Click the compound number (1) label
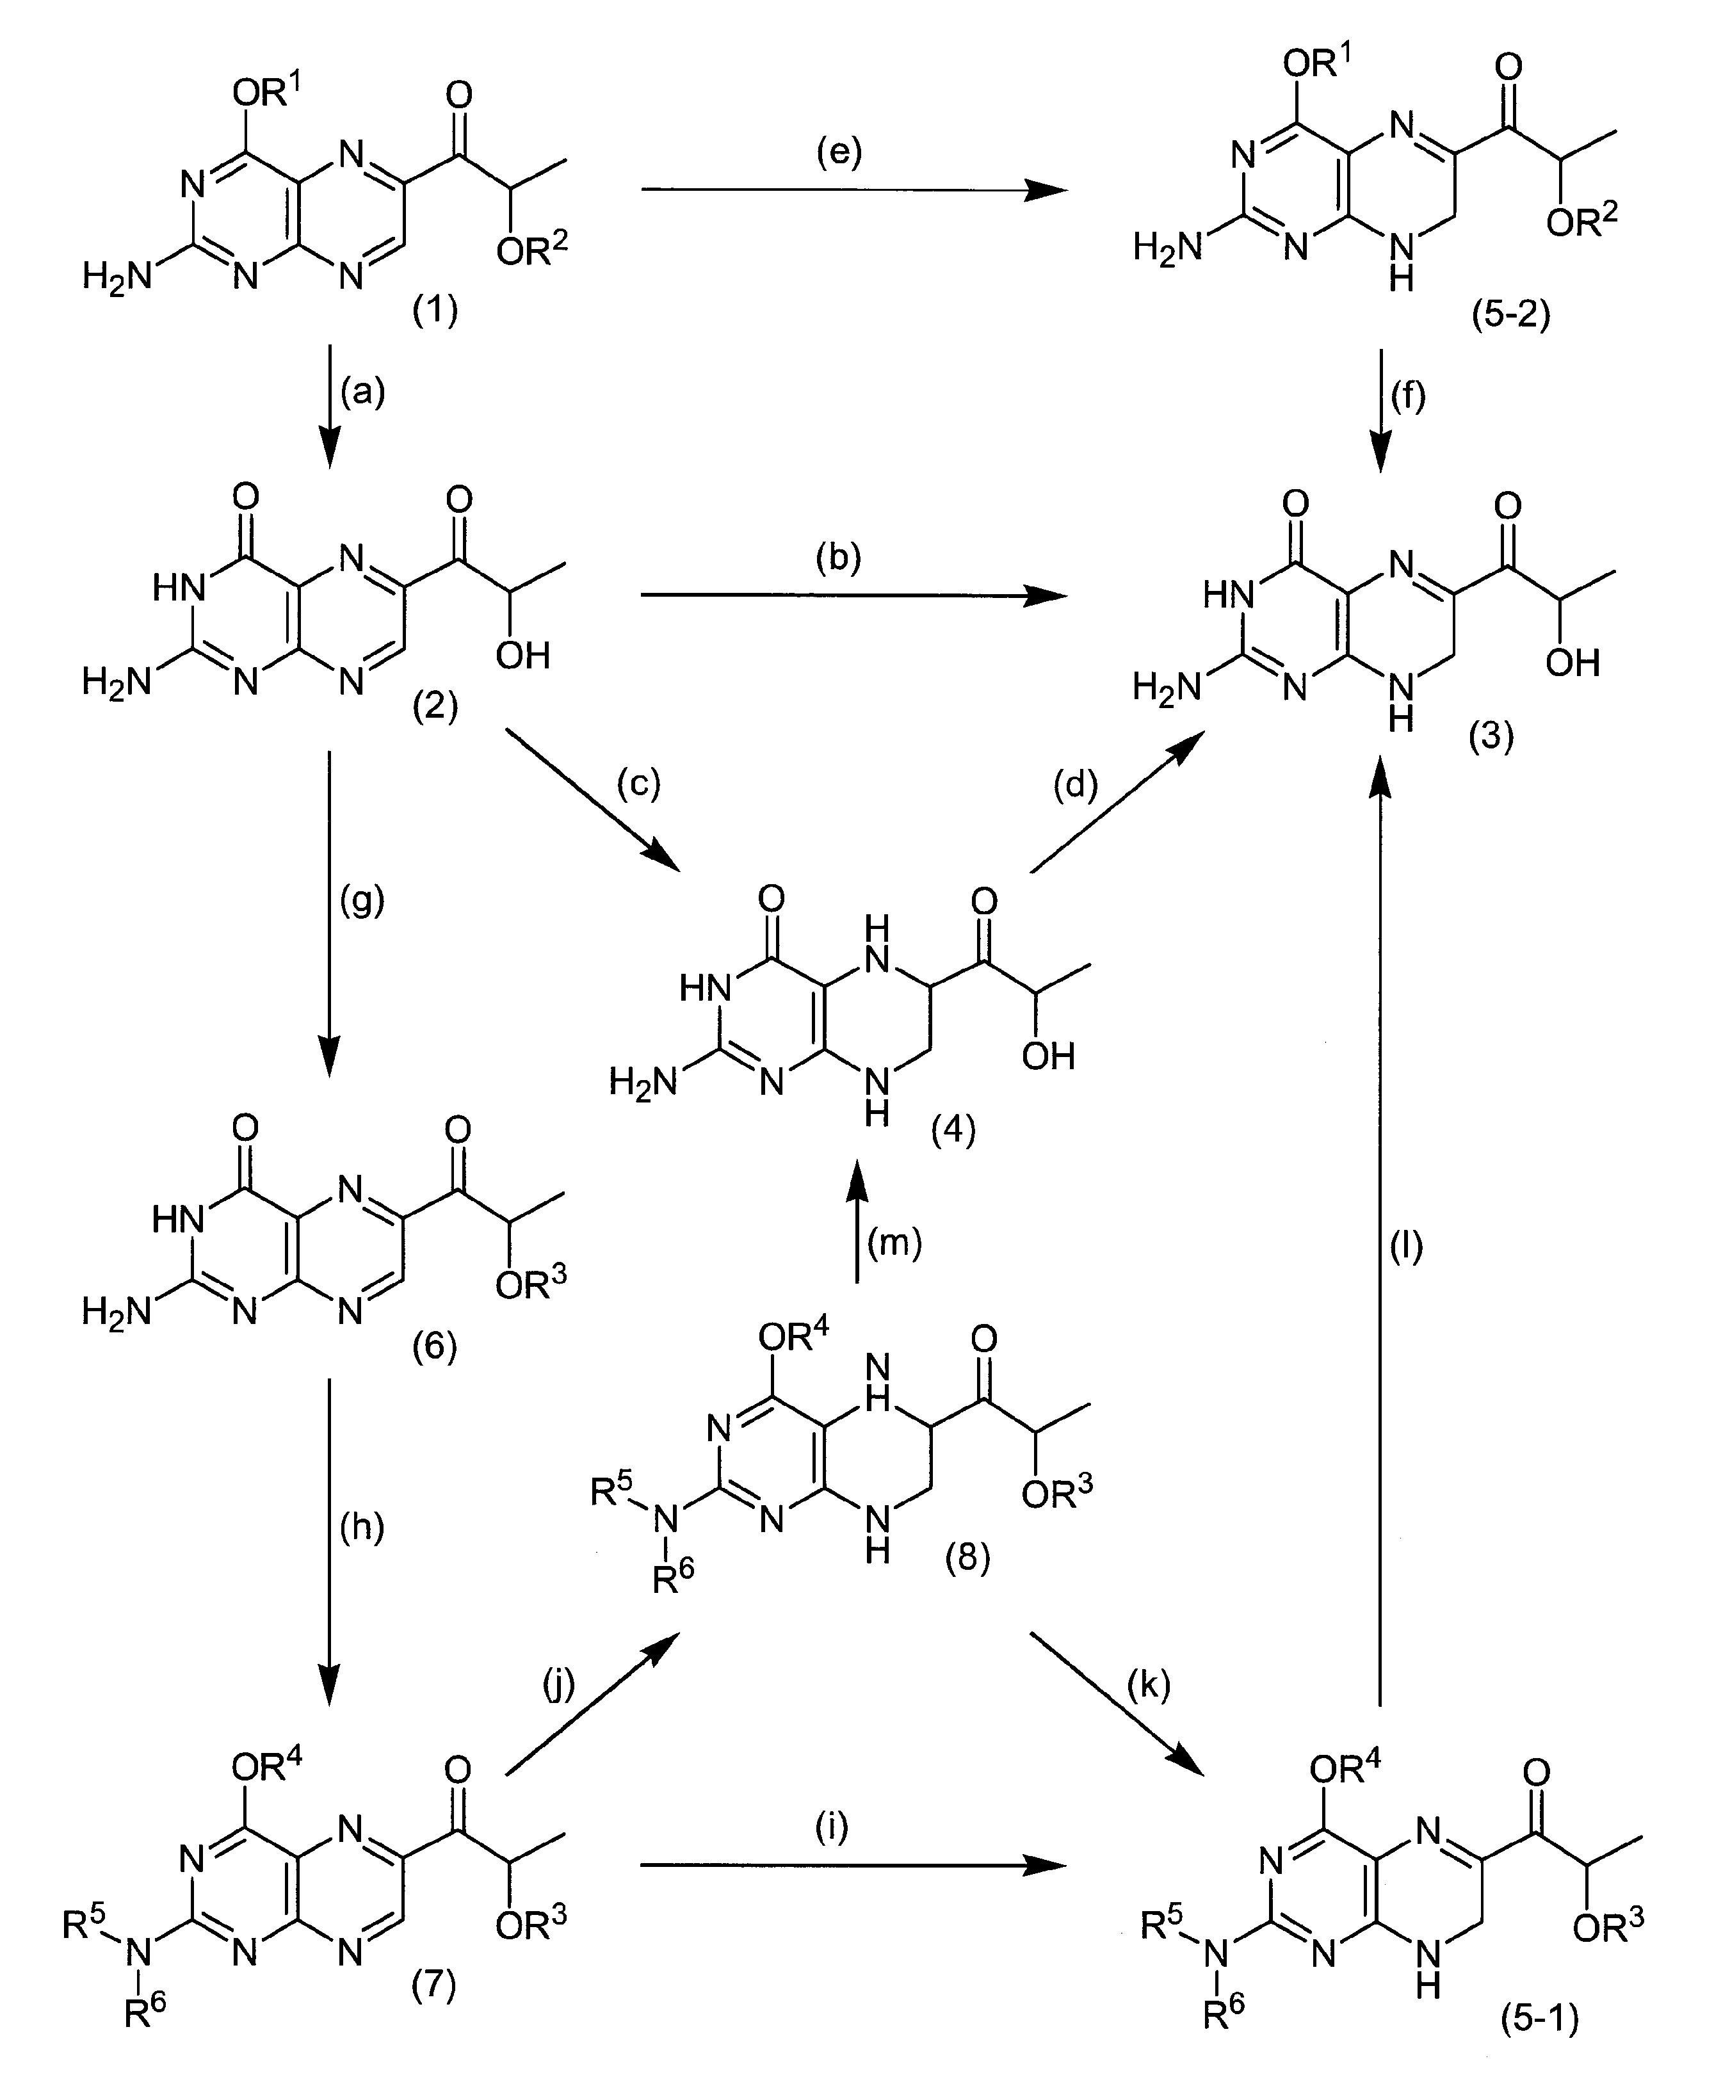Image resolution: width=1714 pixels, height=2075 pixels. coord(435,312)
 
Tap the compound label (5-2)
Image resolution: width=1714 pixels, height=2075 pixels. coord(1510,316)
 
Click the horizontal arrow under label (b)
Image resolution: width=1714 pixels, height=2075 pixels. coord(854,595)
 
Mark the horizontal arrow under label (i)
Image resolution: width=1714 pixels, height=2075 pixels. coord(854,1865)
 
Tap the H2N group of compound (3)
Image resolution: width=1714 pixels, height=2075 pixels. coord(1167,686)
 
